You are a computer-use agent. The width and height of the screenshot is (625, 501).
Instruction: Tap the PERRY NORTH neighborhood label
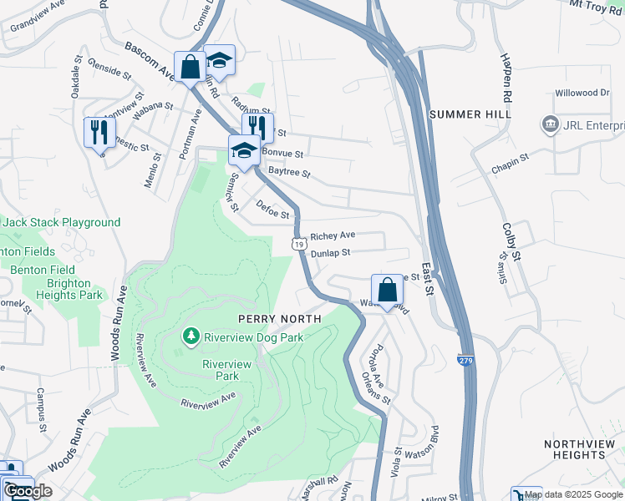click(280, 319)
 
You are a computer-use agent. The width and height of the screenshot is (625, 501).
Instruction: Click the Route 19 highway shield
click(298, 243)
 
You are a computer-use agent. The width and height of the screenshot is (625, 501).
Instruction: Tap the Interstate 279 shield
click(465, 360)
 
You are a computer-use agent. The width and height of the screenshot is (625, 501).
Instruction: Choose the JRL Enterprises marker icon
click(550, 125)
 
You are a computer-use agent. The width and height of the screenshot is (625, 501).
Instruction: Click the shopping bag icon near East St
click(387, 290)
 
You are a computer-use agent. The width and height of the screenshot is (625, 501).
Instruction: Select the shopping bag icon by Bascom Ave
click(190, 66)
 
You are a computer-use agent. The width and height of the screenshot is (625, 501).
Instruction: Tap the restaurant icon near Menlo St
click(99, 131)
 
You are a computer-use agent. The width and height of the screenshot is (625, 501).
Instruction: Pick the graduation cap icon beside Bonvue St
click(243, 150)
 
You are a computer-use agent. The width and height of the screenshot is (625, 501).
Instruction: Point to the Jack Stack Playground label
click(62, 223)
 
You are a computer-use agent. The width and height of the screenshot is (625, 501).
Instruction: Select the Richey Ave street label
click(333, 236)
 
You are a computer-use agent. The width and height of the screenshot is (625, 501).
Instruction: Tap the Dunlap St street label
click(329, 252)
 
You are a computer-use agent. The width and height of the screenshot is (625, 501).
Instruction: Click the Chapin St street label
click(511, 157)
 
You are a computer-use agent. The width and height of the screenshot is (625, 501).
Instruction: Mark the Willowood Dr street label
click(582, 93)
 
